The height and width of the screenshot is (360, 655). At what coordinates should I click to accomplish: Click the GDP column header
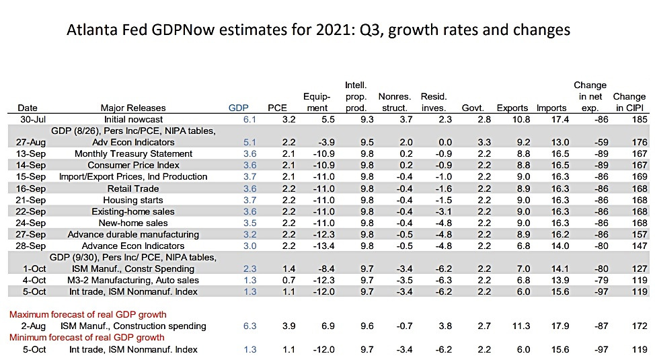(237, 108)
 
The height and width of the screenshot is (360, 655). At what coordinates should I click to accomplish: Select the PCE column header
(277, 108)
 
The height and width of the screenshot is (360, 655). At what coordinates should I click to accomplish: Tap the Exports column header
(512, 108)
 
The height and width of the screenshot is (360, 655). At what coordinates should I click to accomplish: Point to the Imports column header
(552, 108)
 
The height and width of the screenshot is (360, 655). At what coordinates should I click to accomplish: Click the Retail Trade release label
(133, 188)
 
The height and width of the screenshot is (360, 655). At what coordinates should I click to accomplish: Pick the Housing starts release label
(133, 200)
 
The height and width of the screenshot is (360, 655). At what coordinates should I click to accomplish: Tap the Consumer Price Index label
(133, 165)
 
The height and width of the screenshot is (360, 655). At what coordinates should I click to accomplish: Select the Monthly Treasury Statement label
(133, 153)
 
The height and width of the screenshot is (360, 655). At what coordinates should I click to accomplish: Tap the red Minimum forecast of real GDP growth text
(88, 337)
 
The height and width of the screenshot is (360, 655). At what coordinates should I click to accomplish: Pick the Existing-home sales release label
(133, 211)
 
